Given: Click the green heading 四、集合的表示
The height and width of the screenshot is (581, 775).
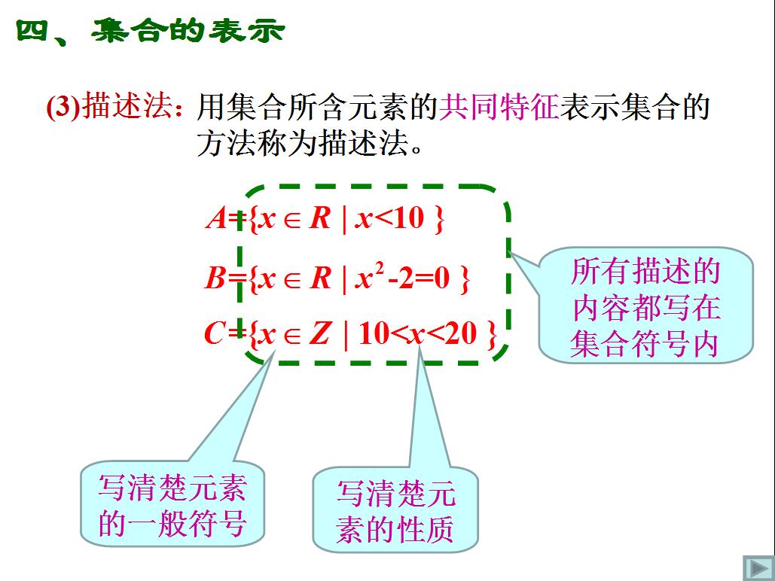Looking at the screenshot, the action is (151, 31).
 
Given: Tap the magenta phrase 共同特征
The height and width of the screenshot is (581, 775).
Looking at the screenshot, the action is (499, 107).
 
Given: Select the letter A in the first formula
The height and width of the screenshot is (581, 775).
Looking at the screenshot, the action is (216, 218).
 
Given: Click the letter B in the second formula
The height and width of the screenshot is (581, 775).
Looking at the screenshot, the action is (215, 278).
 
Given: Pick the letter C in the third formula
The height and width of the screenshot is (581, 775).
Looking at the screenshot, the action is (215, 333).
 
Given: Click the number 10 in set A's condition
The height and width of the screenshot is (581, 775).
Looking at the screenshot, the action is (409, 218).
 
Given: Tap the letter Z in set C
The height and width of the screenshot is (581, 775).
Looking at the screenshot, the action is (319, 333).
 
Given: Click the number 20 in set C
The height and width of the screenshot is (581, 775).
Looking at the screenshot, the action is (461, 333).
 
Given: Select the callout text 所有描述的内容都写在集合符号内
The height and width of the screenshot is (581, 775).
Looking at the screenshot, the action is (645, 307).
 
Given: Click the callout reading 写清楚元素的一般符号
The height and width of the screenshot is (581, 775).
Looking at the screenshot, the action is (172, 506).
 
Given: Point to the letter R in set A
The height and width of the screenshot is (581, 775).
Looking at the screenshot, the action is (320, 218).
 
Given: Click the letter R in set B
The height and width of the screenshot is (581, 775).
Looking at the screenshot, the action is (320, 278).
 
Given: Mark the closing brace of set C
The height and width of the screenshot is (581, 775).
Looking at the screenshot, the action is (491, 335).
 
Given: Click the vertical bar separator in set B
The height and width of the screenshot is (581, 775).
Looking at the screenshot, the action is (344, 280).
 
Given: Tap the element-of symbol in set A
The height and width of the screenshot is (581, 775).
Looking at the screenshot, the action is (292, 221).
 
